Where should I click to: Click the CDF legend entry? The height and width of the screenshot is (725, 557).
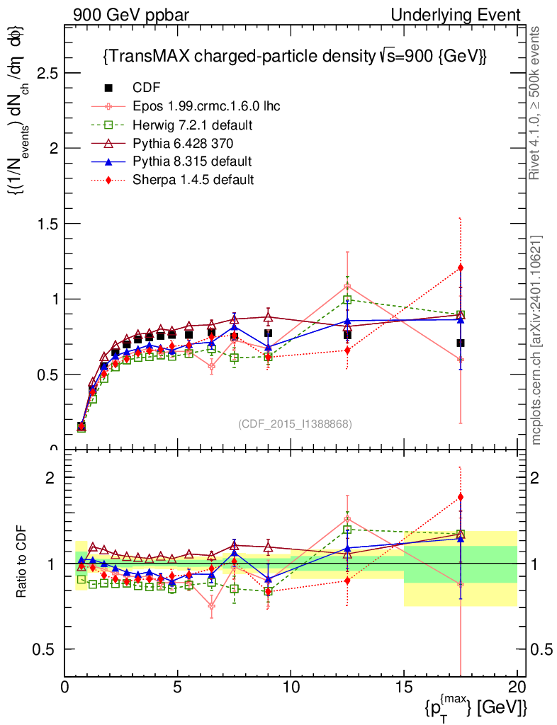(x=147, y=88)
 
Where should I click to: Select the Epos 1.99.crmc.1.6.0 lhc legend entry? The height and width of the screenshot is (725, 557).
(x=206, y=106)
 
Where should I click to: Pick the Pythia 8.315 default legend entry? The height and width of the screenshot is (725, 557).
(x=192, y=161)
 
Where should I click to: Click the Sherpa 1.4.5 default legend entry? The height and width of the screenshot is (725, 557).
(x=193, y=180)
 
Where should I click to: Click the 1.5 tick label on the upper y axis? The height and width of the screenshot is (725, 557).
(x=47, y=224)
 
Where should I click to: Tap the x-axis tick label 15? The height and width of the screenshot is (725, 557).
(x=403, y=687)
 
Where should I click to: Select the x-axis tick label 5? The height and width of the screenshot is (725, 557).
(x=178, y=687)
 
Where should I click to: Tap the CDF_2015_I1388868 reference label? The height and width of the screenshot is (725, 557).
(x=295, y=423)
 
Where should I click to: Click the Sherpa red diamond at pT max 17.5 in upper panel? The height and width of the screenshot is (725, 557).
(x=461, y=268)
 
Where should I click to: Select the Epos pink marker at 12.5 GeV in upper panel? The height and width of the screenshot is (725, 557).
(x=347, y=287)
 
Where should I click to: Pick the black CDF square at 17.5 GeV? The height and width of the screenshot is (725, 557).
(x=461, y=343)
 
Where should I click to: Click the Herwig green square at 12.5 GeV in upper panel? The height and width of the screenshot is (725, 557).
(x=347, y=299)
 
